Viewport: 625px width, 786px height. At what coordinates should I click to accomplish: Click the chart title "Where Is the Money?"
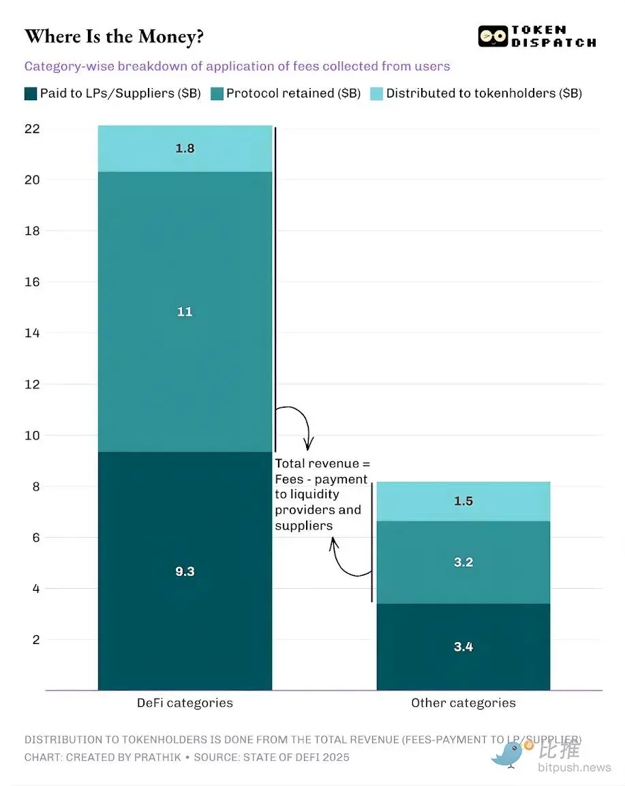[114, 37]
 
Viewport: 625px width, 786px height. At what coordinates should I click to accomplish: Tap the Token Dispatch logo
[536, 36]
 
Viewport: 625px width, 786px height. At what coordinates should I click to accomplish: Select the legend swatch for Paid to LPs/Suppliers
[31, 93]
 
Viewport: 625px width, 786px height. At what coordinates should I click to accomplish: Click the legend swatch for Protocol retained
[217, 93]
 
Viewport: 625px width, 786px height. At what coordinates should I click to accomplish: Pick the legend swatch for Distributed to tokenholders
[377, 93]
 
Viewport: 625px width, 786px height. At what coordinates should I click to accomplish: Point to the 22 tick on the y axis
[31, 129]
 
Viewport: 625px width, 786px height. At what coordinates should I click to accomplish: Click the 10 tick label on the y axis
[31, 435]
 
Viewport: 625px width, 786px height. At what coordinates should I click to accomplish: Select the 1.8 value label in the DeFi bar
[185, 148]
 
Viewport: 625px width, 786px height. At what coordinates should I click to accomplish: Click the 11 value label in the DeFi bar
[185, 312]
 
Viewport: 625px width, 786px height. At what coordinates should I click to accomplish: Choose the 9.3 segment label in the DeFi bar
[185, 571]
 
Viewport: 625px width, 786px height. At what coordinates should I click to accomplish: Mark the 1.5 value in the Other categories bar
[463, 501]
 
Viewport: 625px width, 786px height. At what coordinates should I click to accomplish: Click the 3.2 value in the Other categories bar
[463, 562]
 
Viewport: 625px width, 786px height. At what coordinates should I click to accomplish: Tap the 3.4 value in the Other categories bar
[463, 647]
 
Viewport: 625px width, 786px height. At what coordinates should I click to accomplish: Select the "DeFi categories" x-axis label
[185, 703]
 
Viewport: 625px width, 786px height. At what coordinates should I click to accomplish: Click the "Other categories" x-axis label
[463, 703]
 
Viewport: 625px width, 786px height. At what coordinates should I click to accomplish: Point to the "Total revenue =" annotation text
[322, 464]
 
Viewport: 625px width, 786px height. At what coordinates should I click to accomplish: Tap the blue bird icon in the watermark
[507, 753]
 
